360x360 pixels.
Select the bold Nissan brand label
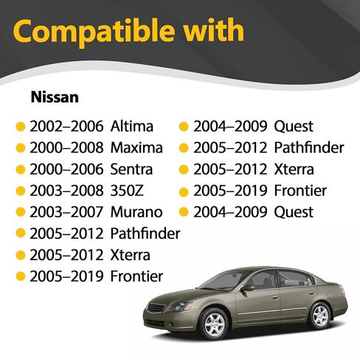[55, 97]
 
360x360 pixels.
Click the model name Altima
[132, 126]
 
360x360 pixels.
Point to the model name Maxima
[136, 148]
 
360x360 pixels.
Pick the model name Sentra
[131, 170]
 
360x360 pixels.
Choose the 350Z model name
[127, 190]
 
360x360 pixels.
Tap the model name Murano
[136, 212]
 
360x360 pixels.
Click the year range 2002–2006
[66, 126]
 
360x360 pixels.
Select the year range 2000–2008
[66, 148]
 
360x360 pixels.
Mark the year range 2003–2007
[66, 212]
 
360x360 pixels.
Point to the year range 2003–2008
[66, 190]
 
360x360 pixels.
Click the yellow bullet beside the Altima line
[21, 127]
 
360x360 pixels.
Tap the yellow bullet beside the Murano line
[21, 212]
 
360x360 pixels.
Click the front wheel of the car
[214, 324]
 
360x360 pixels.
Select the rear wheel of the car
[320, 316]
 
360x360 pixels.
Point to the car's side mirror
[248, 288]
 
